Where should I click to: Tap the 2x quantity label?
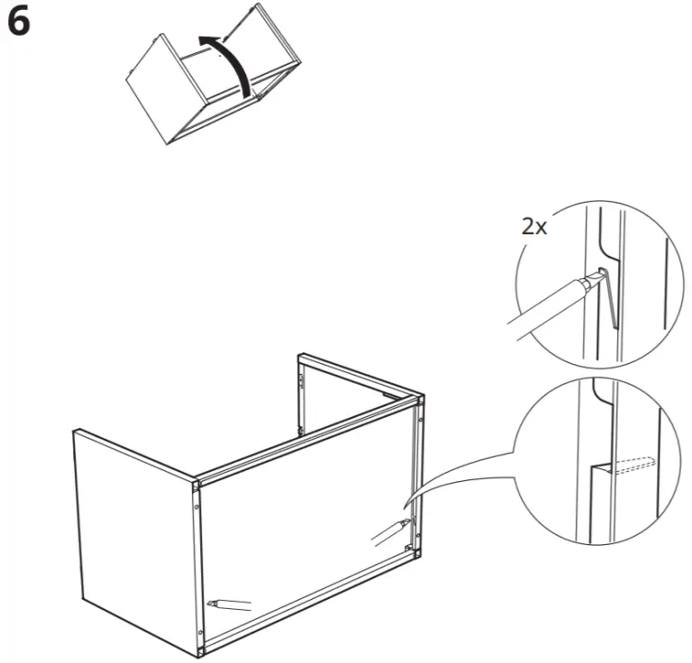click(x=534, y=227)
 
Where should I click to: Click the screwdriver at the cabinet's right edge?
click(x=391, y=532)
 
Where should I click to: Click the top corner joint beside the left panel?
click(x=196, y=484)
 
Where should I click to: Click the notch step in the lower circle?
click(x=601, y=467)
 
